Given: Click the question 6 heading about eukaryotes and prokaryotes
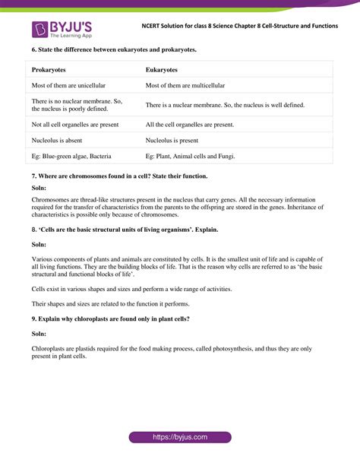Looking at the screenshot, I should (x=114, y=49).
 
